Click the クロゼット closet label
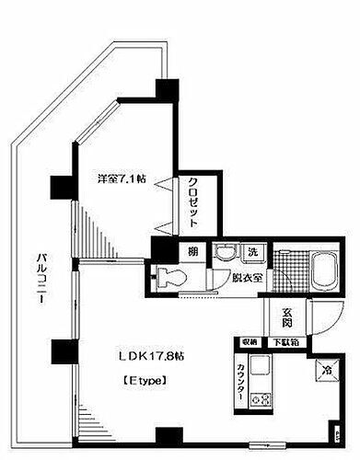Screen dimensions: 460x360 coord(195,206)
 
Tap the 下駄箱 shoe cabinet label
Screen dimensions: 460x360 coord(291,343)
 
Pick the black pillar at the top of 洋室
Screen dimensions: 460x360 coord(167,90)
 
